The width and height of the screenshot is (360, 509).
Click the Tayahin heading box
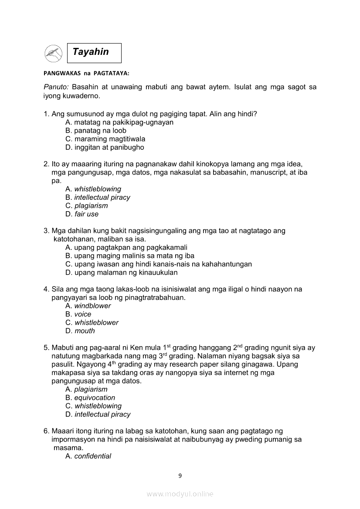coord(94,53)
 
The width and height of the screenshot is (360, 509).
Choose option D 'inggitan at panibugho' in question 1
coord(105,147)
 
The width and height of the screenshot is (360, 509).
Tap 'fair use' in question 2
coord(86,214)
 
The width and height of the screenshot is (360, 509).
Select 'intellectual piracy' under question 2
coord(102,197)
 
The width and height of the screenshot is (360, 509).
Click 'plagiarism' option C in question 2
coord(91,206)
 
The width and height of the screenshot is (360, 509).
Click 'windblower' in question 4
coord(92,306)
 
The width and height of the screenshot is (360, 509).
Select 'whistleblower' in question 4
coord(96,323)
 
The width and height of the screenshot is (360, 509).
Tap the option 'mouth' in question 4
coord(85,331)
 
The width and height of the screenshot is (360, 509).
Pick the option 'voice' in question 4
coord(83,314)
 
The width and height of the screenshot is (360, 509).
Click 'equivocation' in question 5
coord(95,398)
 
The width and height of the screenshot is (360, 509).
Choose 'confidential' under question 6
coord(92,456)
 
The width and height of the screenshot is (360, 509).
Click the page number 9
coord(180,475)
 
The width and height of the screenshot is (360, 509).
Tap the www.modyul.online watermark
coord(180,494)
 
